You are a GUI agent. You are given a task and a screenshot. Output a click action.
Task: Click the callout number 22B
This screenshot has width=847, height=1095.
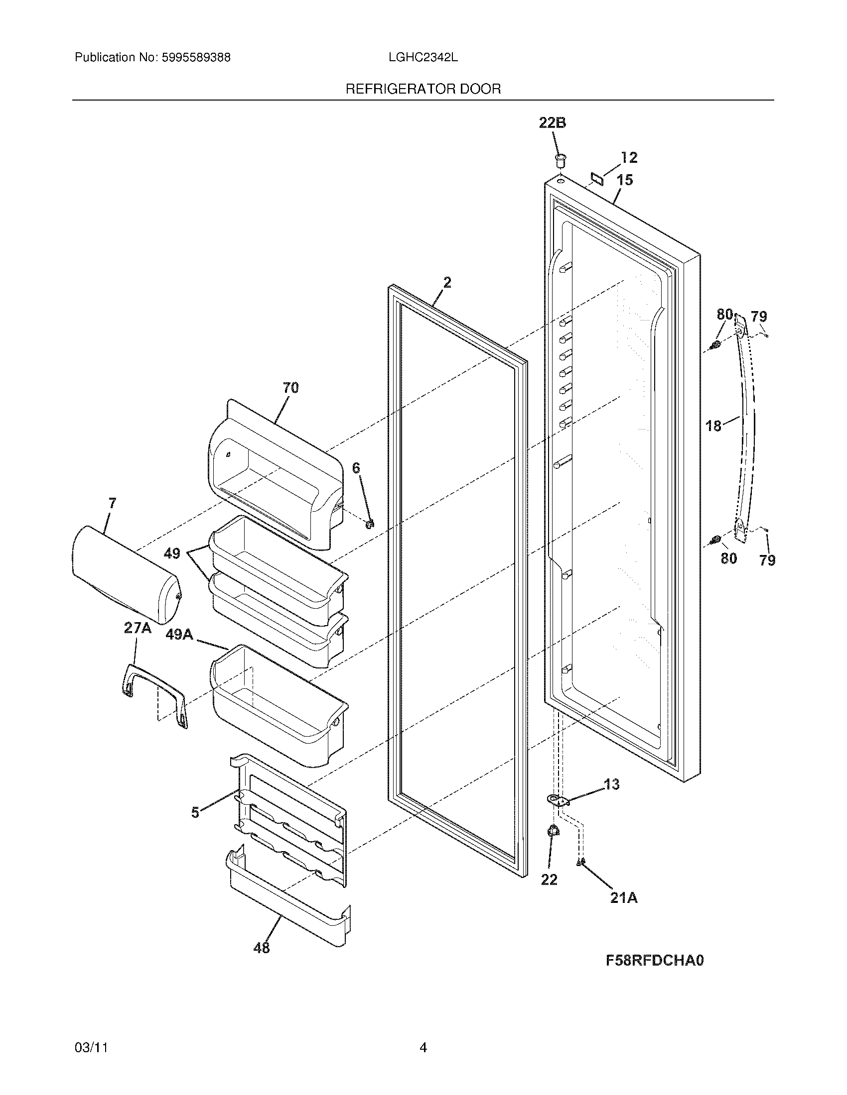click(553, 123)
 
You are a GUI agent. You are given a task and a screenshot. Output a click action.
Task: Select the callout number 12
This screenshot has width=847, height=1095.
click(629, 157)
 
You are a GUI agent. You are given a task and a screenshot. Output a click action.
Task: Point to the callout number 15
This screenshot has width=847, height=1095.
click(625, 180)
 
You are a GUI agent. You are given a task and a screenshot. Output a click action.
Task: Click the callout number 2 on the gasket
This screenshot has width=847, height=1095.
click(447, 282)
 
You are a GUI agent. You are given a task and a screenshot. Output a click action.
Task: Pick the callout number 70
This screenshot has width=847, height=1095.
click(291, 388)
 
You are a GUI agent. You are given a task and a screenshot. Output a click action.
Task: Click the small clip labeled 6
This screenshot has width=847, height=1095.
click(370, 524)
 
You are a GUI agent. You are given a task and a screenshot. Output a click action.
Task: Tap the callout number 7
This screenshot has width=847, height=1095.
click(112, 503)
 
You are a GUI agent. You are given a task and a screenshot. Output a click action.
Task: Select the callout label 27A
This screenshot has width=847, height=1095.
click(138, 628)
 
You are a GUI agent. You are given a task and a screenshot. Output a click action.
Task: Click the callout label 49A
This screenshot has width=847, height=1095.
click(179, 634)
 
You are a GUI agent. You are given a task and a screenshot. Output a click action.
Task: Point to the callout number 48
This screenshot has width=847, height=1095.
click(262, 948)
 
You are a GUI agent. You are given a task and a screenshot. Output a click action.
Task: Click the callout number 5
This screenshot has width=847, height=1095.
click(195, 813)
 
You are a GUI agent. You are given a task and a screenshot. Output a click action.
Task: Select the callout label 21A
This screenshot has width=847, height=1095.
click(624, 898)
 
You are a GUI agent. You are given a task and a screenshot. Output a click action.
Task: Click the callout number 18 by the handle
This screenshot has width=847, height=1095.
click(713, 426)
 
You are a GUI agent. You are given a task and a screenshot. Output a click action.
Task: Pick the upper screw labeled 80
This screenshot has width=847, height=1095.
click(716, 345)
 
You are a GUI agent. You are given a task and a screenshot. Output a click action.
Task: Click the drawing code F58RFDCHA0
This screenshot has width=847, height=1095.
click(655, 960)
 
